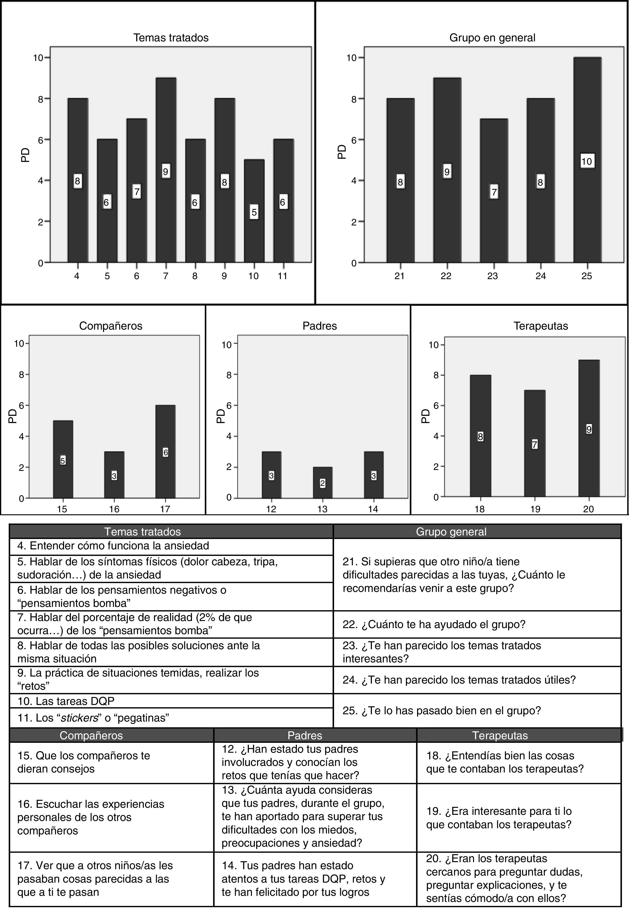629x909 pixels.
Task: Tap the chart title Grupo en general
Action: pyautogui.click(x=492, y=38)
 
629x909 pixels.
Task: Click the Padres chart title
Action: pyautogui.click(x=320, y=326)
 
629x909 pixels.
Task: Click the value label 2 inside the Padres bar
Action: pyautogui.click(x=323, y=483)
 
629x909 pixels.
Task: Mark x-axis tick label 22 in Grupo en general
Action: pyautogui.click(x=446, y=276)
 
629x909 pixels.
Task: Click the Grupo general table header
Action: pyautogui.click(x=451, y=532)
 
